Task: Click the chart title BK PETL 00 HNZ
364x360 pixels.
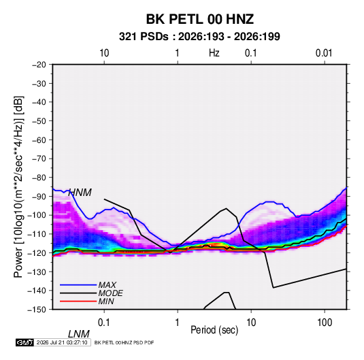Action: pyautogui.click(x=199, y=19)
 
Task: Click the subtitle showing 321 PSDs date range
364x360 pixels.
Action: pyautogui.click(x=199, y=37)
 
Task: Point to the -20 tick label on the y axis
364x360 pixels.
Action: pyautogui.click(x=39, y=65)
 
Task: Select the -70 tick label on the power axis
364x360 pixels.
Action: pyautogui.click(x=39, y=159)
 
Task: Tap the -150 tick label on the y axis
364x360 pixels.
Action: pyautogui.click(x=37, y=310)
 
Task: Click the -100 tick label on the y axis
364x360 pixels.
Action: pyautogui.click(x=37, y=215)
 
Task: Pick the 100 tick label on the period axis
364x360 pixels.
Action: pyautogui.click(x=325, y=323)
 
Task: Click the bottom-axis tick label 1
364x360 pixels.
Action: pyautogui.click(x=178, y=323)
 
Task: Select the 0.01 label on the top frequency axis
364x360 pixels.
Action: pyautogui.click(x=324, y=53)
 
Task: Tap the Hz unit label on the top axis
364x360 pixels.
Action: pyautogui.click(x=214, y=53)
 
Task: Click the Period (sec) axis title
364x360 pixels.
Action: pyautogui.click(x=214, y=330)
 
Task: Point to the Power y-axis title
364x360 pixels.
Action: pyautogui.click(x=18, y=187)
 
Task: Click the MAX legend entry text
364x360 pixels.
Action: pyautogui.click(x=107, y=285)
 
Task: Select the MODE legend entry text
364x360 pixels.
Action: pyautogui.click(x=110, y=293)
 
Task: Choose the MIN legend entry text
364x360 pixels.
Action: pyautogui.click(x=106, y=301)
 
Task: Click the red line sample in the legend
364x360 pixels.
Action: pyautogui.click(x=78, y=301)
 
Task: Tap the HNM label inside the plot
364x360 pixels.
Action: pyautogui.click(x=80, y=193)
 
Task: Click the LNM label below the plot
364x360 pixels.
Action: pyautogui.click(x=79, y=334)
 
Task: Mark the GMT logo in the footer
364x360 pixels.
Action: pyautogui.click(x=24, y=342)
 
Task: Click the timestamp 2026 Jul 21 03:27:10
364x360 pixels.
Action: pyautogui.click(x=62, y=342)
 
